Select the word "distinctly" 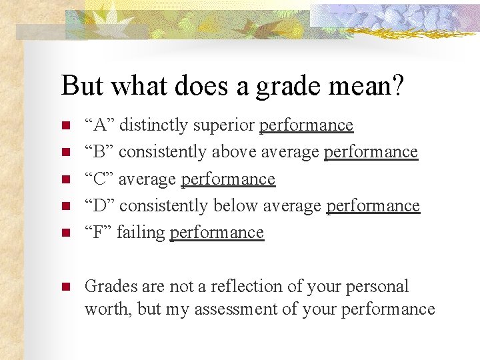153,125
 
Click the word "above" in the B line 234,152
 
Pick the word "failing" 141,233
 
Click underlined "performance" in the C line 228,179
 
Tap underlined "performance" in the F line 217,233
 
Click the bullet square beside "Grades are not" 65,287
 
